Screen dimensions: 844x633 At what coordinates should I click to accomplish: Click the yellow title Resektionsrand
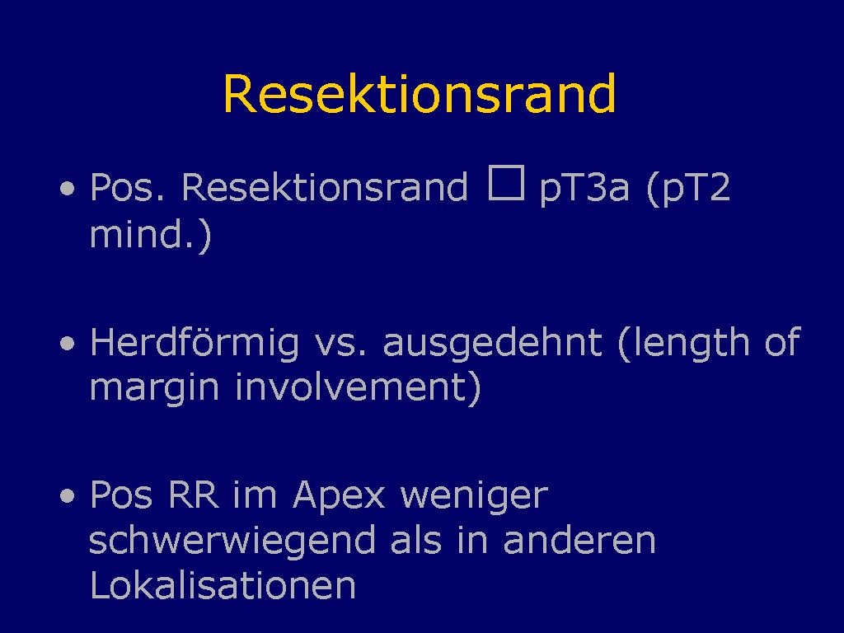(x=420, y=93)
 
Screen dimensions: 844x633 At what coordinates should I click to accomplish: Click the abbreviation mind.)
(x=150, y=234)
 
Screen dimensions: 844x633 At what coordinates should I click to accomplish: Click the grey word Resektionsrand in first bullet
(x=325, y=187)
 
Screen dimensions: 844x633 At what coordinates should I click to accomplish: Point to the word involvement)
(x=358, y=387)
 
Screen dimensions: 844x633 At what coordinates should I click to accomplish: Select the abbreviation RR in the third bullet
(x=194, y=495)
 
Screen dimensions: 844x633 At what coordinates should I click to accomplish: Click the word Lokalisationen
(x=223, y=584)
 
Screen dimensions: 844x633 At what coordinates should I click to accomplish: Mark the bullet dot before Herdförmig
(x=68, y=344)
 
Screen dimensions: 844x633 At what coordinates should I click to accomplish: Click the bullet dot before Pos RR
(x=68, y=495)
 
